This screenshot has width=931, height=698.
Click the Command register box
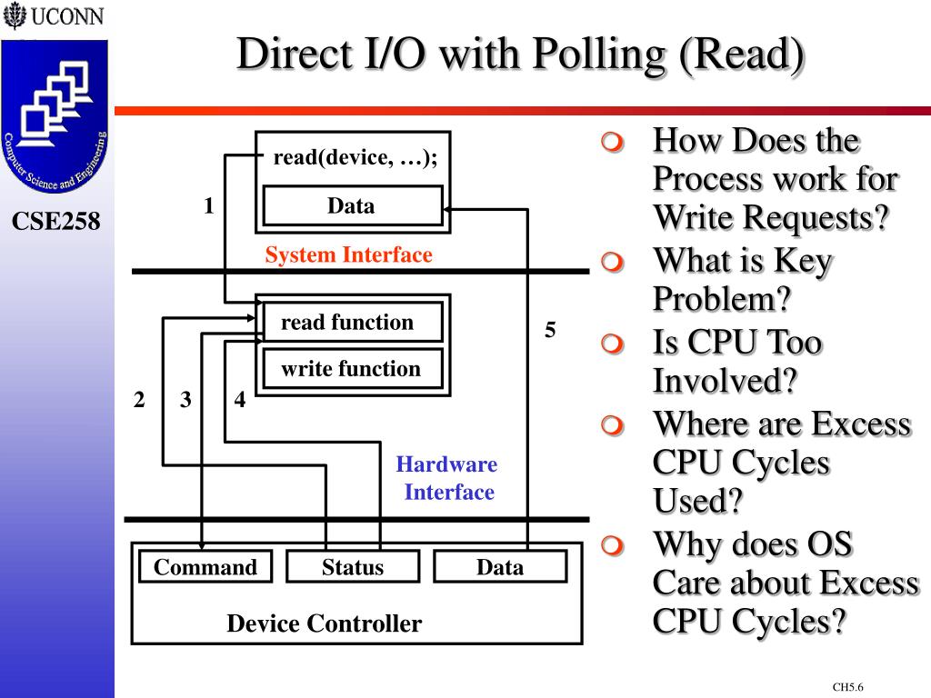[205, 566]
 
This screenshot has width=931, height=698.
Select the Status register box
[353, 566]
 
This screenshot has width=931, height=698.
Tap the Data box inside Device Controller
[500, 566]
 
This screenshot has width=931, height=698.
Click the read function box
[353, 322]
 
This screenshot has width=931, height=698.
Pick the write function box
[353, 369]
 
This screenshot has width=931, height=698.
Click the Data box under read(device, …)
[353, 206]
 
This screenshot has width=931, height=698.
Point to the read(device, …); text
[355, 158]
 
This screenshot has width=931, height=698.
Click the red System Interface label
[348, 254]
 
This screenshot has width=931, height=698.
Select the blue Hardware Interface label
[447, 478]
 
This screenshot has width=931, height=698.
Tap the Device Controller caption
[325, 623]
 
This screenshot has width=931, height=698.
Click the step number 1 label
[208, 205]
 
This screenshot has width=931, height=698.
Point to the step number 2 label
[139, 400]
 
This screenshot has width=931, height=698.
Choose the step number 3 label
[185, 400]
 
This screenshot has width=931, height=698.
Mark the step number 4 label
[240, 399]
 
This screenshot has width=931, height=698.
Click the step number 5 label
[550, 329]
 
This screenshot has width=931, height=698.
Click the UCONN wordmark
[67, 16]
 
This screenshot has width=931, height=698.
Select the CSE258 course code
[55, 221]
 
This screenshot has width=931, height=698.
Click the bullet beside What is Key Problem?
[612, 262]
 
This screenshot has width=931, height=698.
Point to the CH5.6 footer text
[847, 687]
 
